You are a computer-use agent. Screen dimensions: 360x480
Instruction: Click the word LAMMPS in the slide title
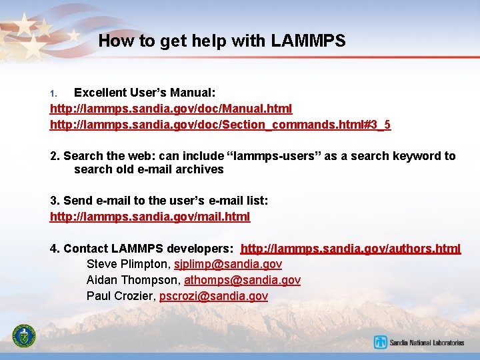click(308, 41)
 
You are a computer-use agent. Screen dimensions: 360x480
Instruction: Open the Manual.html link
click(171, 108)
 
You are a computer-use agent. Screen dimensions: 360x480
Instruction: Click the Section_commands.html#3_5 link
click(220, 125)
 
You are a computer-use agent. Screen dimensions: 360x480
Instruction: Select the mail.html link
click(150, 216)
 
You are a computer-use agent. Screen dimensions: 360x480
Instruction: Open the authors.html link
click(350, 249)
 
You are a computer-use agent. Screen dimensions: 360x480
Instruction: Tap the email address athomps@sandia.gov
click(242, 280)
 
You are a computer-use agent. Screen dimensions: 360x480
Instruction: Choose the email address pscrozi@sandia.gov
click(213, 296)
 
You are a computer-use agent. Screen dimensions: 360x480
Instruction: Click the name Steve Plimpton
click(127, 264)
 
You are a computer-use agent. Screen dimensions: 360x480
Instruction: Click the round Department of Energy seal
click(25, 337)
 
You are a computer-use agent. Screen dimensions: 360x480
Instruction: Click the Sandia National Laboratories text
click(427, 343)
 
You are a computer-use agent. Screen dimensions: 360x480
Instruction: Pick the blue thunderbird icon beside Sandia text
click(381, 343)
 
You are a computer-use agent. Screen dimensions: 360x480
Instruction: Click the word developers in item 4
click(200, 249)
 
